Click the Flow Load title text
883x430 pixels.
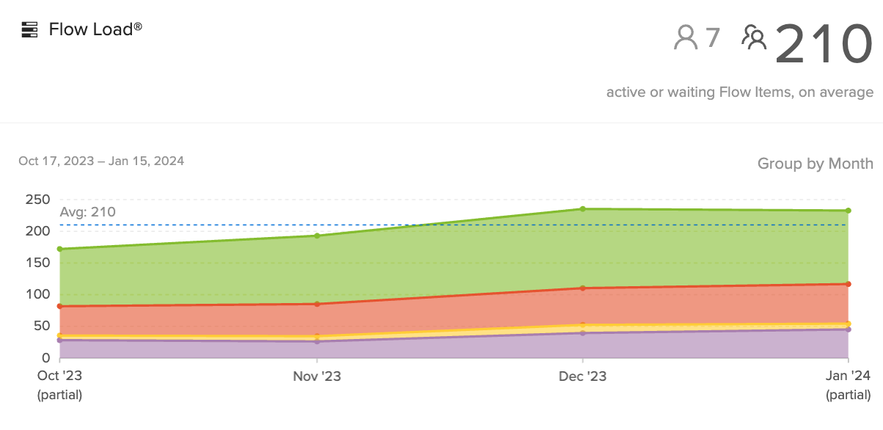(x=95, y=29)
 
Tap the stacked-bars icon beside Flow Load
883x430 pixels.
(x=29, y=29)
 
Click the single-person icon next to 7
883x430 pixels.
(x=686, y=37)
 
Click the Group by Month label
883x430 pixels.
(x=815, y=163)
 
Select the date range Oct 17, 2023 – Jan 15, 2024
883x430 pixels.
(x=101, y=161)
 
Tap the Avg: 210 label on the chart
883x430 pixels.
(x=88, y=212)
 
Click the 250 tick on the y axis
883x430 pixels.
(x=37, y=200)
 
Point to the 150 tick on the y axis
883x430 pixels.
(x=37, y=263)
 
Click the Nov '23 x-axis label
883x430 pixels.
(x=317, y=376)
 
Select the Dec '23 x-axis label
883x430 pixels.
(x=582, y=376)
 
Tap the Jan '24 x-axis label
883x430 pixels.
(x=849, y=376)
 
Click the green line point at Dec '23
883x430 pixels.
(x=582, y=209)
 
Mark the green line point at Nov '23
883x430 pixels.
(x=317, y=236)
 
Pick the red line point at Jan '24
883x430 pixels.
(x=849, y=284)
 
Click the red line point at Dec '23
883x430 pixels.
(x=582, y=288)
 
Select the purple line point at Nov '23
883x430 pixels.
(x=317, y=341)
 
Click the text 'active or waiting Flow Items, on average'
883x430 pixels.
(x=739, y=92)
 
